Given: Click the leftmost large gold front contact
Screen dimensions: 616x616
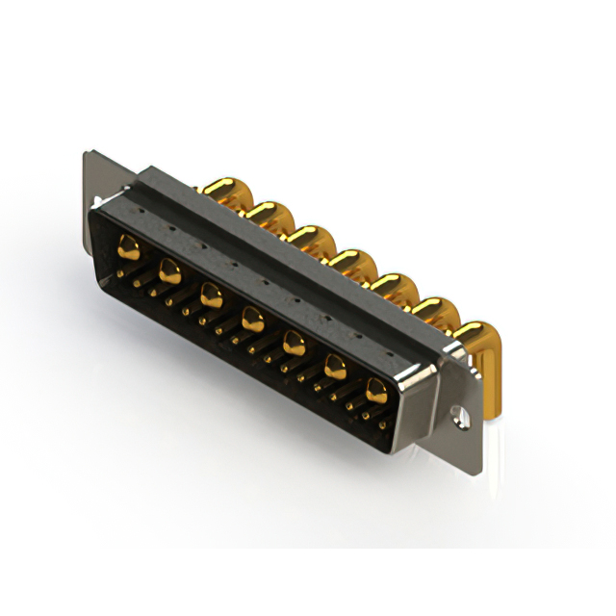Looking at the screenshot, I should (x=128, y=250).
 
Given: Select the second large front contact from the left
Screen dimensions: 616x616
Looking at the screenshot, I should (x=169, y=270).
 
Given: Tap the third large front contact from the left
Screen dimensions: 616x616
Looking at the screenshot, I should (x=211, y=293).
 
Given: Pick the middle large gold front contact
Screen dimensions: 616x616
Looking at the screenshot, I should (x=252, y=316).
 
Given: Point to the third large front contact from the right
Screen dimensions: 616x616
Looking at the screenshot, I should (x=294, y=340).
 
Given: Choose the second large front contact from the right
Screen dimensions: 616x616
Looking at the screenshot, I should (x=335, y=366).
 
